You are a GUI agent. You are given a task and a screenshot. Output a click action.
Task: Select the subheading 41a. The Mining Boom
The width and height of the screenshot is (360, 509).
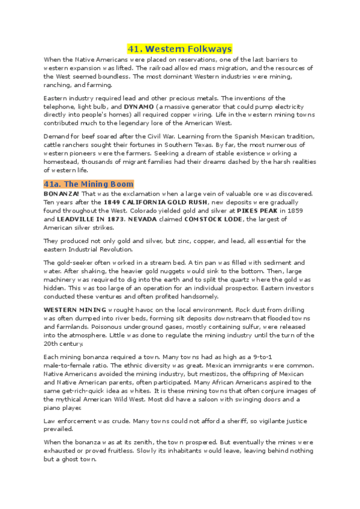89,184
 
